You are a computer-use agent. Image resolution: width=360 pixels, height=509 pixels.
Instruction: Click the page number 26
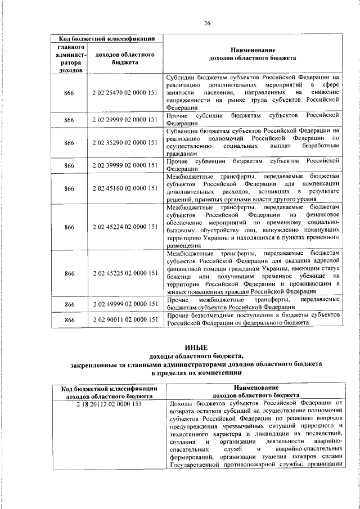pos(207,23)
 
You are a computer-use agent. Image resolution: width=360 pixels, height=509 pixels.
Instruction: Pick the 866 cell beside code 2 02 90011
pos(69,319)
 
